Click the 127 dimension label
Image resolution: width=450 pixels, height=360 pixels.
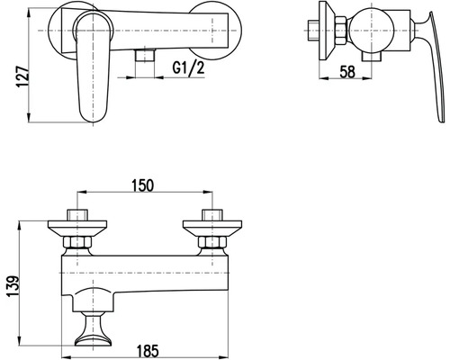tap(22, 76)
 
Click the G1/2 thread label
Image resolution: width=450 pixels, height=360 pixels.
tap(188, 68)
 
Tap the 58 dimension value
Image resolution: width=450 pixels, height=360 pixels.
tap(347, 72)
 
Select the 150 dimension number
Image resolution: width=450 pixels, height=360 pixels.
tap(142, 185)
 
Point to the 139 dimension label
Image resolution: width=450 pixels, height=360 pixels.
tap(13, 286)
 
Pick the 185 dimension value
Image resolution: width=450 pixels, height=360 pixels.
tap(148, 351)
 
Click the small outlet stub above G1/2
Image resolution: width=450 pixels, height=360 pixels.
tap(145, 55)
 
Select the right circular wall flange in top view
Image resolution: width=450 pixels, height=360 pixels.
tap(215, 31)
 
